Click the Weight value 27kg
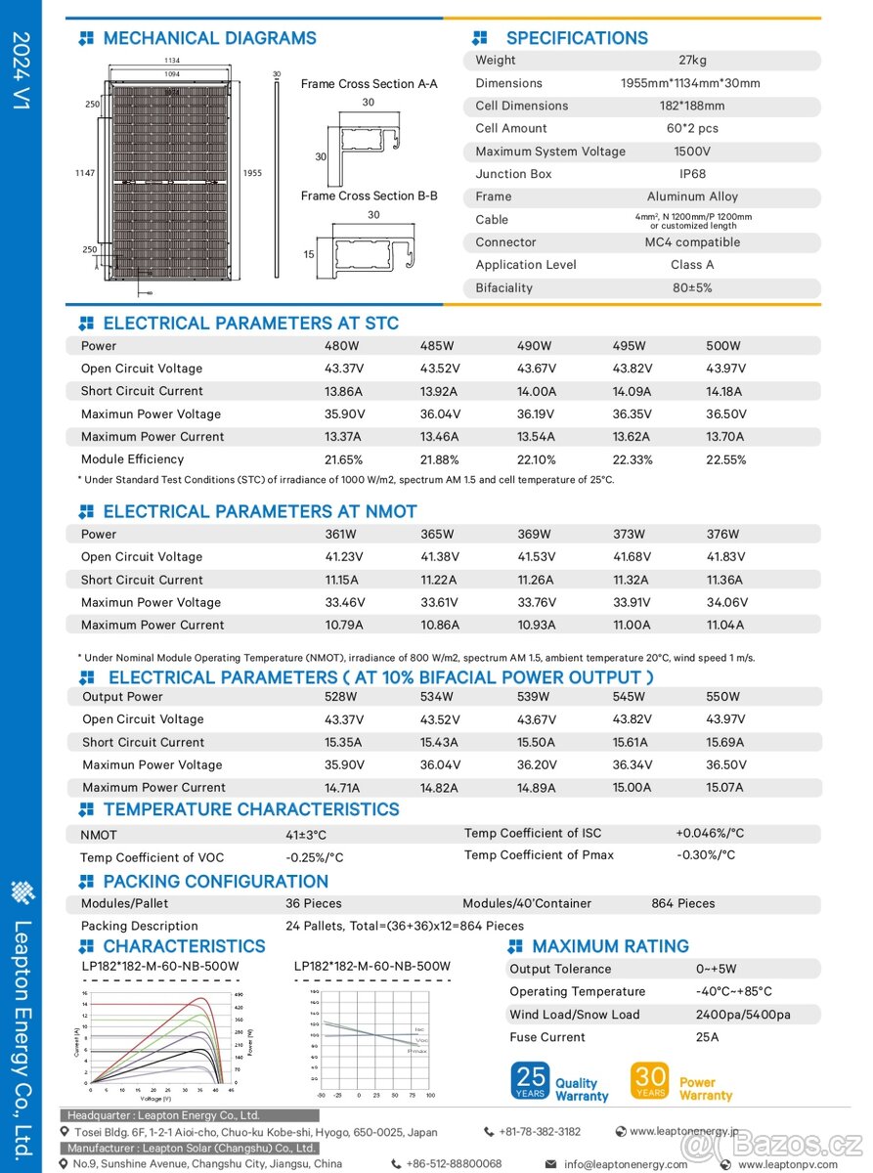click(692, 61)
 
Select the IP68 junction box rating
click(692, 174)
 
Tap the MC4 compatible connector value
click(692, 242)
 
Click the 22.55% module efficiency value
click(724, 459)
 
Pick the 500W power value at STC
click(723, 346)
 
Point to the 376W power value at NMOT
click(723, 535)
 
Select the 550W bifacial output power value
click(723, 697)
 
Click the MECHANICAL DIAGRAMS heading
click(209, 39)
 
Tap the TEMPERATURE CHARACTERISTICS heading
click(251, 809)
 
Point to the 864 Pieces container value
click(683, 904)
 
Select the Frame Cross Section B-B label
click(369, 195)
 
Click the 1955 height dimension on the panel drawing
click(252, 173)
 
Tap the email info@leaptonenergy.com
click(625, 1164)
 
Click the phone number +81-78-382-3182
click(540, 1132)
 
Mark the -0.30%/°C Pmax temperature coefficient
click(706, 855)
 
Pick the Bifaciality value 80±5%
click(692, 288)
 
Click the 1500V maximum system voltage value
click(692, 152)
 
